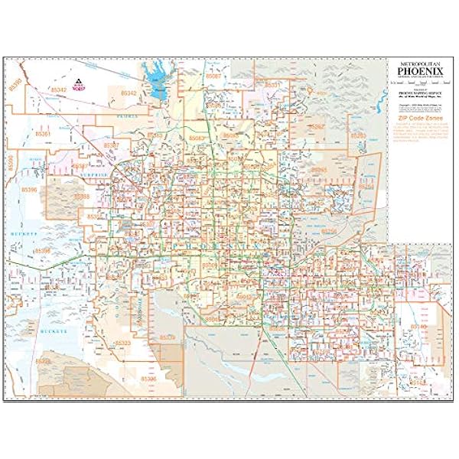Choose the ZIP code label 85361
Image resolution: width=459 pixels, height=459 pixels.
pyautogui.click(x=44, y=134)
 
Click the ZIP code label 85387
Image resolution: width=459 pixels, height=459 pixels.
pyautogui.click(x=111, y=145)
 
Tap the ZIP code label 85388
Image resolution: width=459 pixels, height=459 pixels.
pyautogui.click(x=81, y=196)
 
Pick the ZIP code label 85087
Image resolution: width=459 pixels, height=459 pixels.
pyautogui.click(x=213, y=77)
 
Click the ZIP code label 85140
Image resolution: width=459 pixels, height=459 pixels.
pyautogui.click(x=417, y=326)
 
